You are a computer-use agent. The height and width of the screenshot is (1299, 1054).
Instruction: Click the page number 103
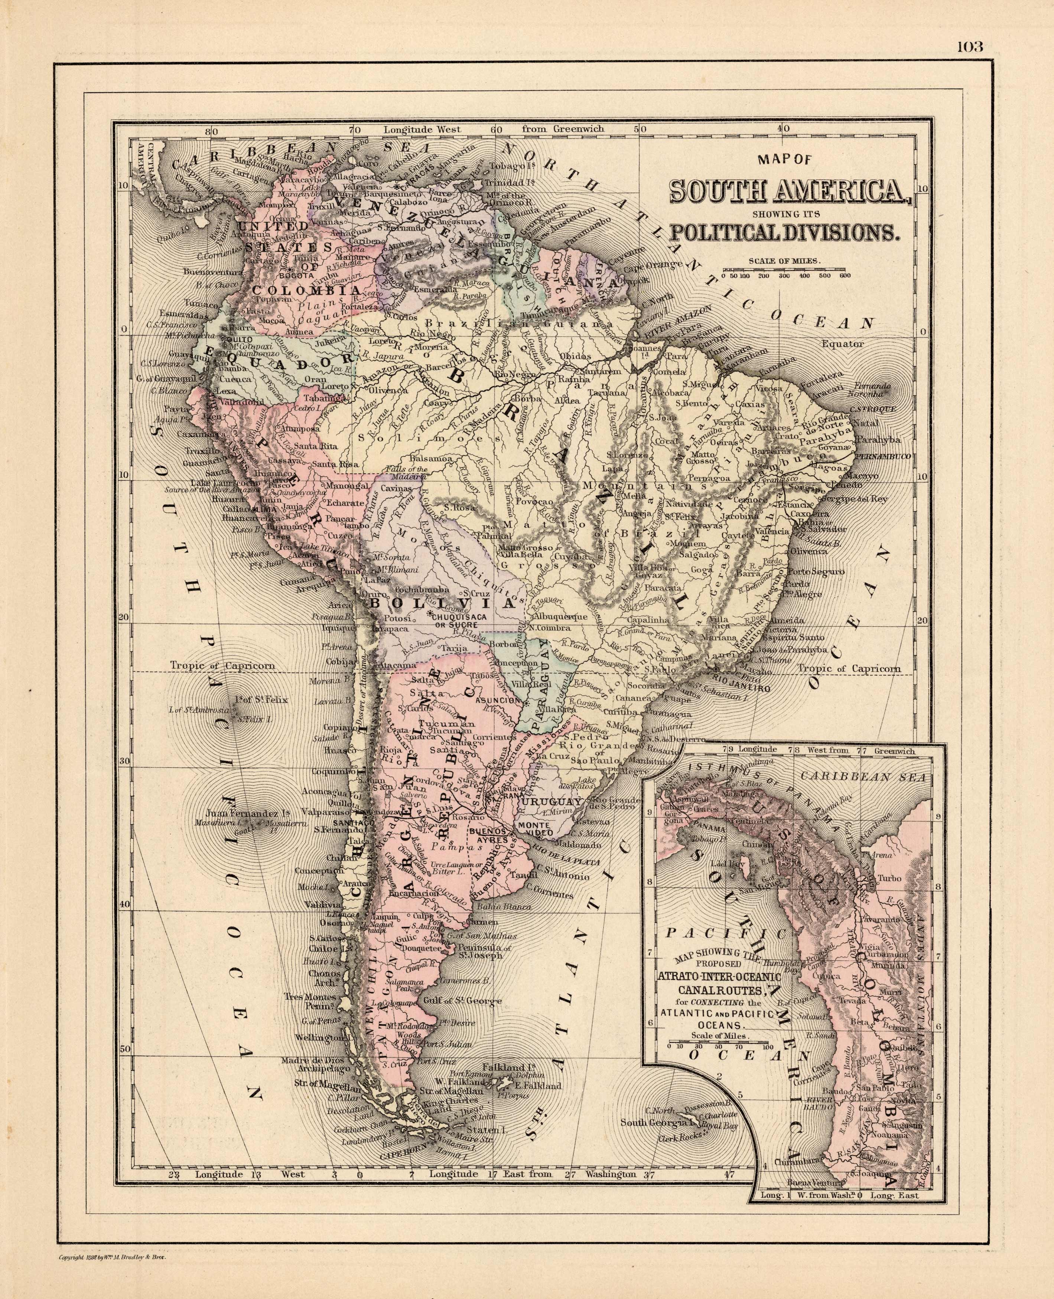970,47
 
